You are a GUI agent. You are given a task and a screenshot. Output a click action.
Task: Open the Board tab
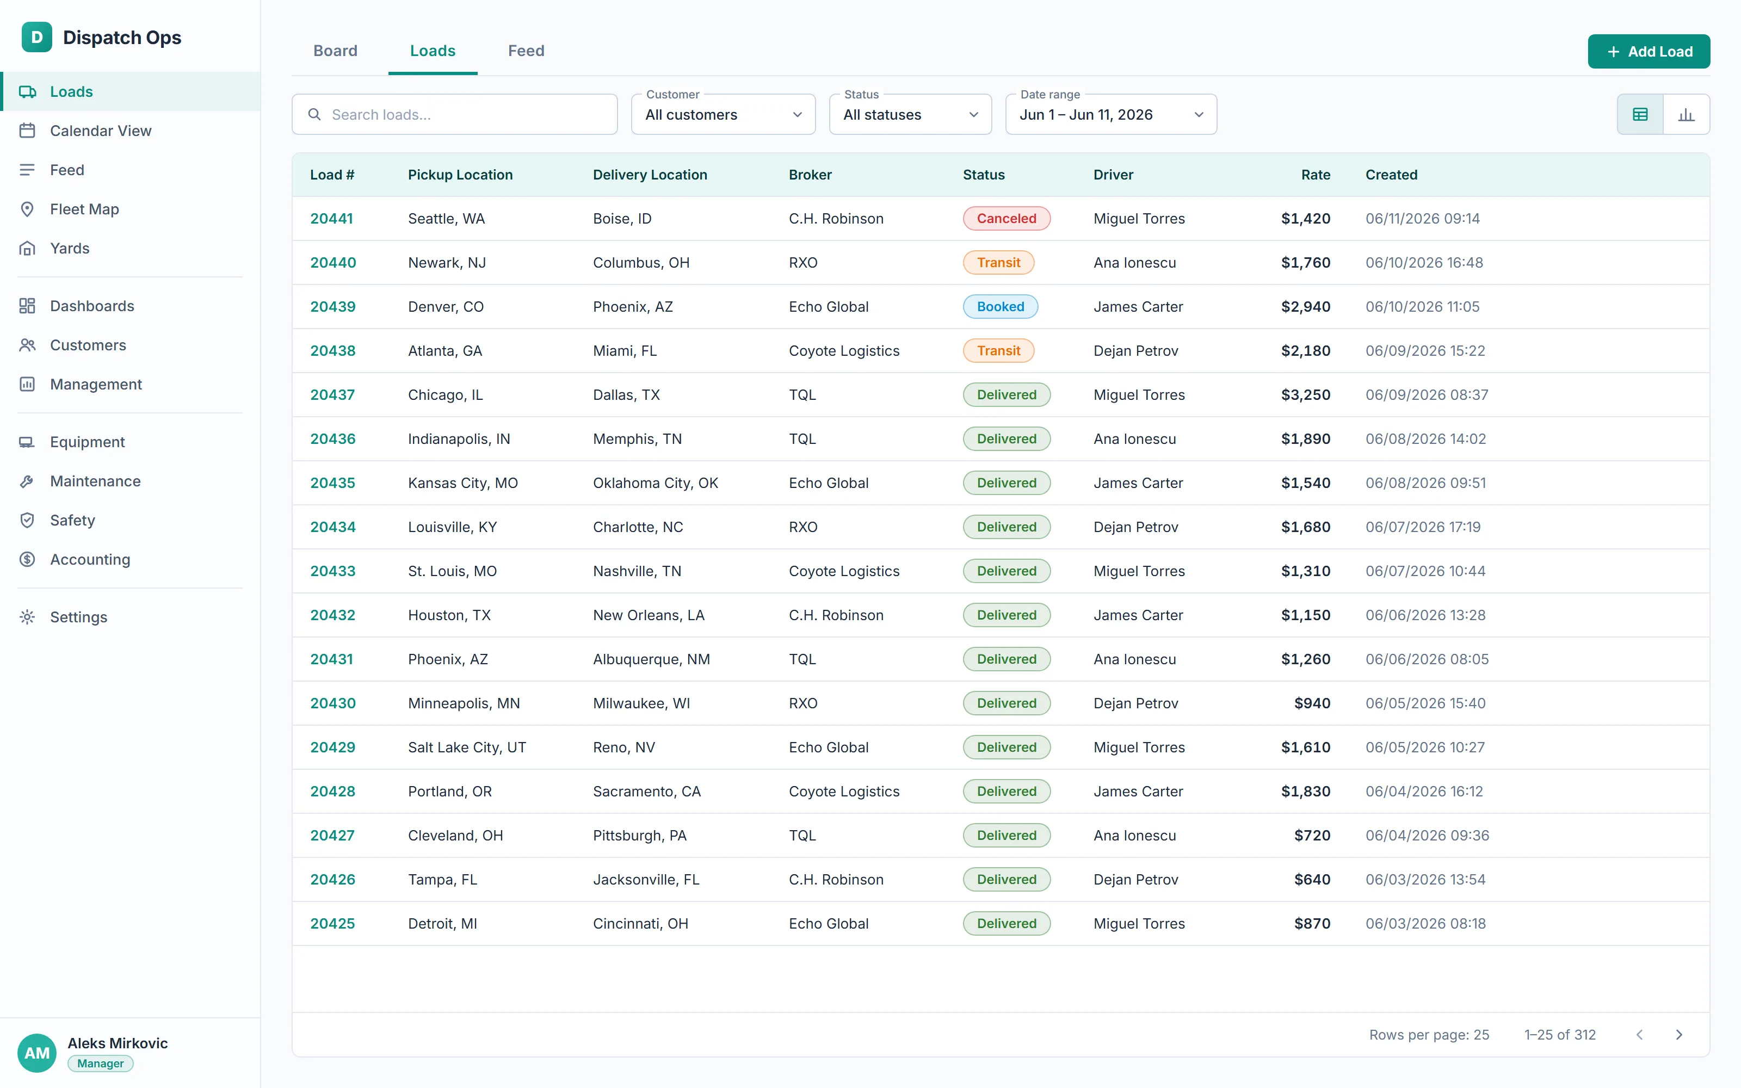(x=335, y=51)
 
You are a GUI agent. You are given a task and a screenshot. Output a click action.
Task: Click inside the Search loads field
(x=455, y=114)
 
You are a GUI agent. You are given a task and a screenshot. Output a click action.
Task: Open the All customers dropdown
(x=723, y=114)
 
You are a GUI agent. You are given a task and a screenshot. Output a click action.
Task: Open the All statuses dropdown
(x=910, y=114)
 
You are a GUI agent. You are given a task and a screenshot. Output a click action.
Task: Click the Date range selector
(x=1111, y=114)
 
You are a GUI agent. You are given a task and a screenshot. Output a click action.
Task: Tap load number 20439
(x=332, y=306)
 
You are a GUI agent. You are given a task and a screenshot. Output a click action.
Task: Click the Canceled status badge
(x=1007, y=219)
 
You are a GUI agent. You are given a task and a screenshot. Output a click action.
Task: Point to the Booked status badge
(x=1000, y=306)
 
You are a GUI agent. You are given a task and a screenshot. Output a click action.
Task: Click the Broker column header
(x=810, y=175)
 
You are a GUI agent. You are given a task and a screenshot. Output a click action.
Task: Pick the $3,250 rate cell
(x=1305, y=395)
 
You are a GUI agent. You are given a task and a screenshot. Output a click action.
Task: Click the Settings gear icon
(x=27, y=617)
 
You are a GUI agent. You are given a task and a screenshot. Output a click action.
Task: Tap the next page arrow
(x=1679, y=1035)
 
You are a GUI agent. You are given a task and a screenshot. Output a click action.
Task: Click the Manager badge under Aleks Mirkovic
(x=101, y=1064)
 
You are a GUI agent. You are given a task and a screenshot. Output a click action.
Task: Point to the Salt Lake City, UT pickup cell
(x=467, y=747)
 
